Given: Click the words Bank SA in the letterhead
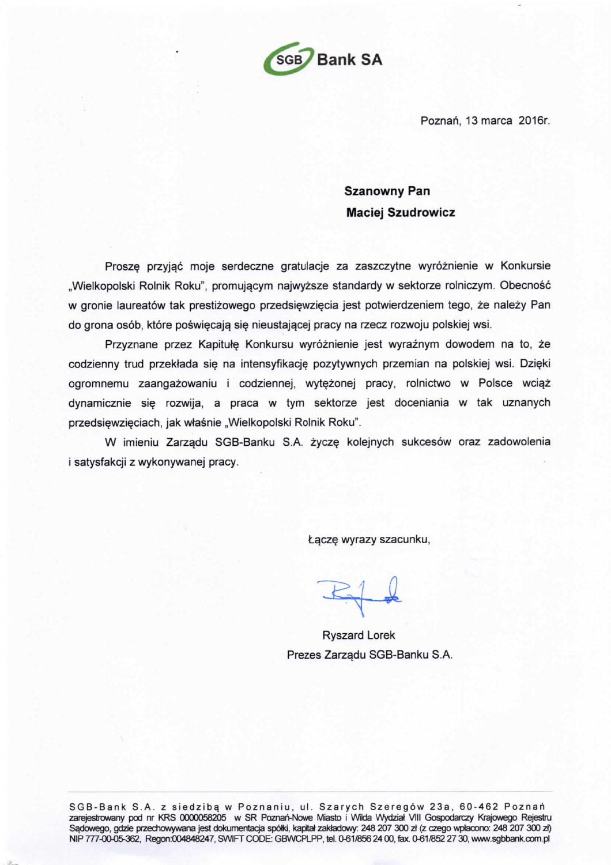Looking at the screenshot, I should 349,59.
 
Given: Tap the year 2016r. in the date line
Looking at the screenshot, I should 534,121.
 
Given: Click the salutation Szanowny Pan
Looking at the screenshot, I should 387,191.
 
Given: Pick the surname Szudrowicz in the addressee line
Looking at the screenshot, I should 421,212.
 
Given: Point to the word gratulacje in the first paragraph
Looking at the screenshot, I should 305,266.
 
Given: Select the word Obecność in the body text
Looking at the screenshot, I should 525,285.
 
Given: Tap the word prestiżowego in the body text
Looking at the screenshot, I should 222,305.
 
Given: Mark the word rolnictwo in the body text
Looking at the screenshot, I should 428,383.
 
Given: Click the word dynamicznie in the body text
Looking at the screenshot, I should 100,403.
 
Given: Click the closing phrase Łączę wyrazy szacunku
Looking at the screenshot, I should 369,540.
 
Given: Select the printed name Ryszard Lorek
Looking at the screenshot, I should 359,635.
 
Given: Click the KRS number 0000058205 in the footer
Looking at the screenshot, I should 202,817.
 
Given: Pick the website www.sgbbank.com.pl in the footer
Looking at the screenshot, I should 510,838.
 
